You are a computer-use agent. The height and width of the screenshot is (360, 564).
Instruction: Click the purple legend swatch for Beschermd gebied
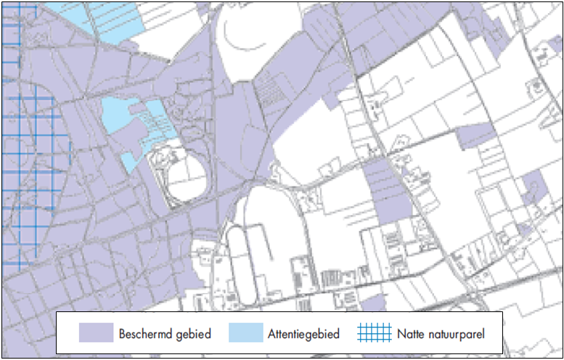(96, 333)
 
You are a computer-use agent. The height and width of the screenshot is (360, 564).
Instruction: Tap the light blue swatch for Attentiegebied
(245, 333)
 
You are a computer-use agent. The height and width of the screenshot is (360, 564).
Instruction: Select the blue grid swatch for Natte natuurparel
(374, 333)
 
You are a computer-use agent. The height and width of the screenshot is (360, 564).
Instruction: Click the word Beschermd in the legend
(142, 334)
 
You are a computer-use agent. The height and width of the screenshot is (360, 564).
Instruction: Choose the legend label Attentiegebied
(304, 334)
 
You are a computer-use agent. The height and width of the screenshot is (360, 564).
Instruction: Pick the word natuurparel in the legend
(457, 334)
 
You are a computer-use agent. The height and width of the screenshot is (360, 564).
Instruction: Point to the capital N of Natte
(401, 334)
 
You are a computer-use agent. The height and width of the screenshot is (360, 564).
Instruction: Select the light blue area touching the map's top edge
(109, 18)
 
